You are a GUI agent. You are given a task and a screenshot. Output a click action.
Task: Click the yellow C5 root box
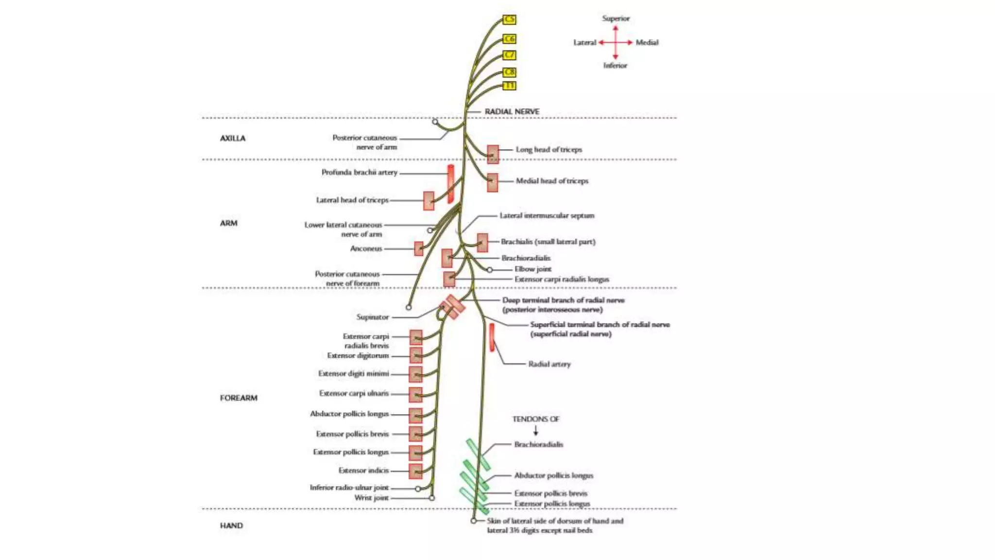click(x=509, y=19)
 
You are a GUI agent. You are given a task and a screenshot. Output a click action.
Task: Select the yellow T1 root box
click(x=509, y=86)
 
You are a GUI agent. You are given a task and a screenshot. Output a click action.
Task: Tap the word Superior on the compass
click(x=616, y=18)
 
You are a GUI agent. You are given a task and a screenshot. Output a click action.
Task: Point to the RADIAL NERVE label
click(x=512, y=111)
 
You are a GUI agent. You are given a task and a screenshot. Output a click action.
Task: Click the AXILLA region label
click(x=233, y=138)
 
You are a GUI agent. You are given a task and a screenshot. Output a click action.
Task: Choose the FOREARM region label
click(x=239, y=398)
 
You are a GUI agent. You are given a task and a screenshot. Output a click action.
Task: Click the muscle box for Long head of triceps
click(x=493, y=154)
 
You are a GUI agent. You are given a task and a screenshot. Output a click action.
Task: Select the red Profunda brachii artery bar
click(x=450, y=184)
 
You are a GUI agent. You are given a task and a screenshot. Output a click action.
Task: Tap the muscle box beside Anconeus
click(x=418, y=248)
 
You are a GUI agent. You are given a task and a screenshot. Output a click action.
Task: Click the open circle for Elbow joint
click(x=490, y=269)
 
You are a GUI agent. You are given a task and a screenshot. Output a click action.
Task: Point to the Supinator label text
click(x=373, y=317)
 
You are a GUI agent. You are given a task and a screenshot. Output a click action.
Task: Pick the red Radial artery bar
click(x=492, y=337)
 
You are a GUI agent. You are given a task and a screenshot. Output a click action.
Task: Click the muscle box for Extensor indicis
click(x=415, y=471)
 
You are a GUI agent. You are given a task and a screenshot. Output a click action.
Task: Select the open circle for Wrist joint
click(x=431, y=498)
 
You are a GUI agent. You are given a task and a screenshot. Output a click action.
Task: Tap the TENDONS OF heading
click(x=536, y=419)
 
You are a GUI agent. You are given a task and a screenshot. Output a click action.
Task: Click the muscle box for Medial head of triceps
click(x=492, y=182)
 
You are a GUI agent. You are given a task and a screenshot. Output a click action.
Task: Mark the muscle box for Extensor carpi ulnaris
click(x=415, y=394)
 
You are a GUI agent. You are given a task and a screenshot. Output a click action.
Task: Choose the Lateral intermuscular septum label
click(x=547, y=215)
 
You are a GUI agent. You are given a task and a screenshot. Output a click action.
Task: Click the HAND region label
click(x=231, y=525)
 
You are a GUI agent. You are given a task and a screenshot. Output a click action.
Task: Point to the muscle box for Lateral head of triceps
click(x=429, y=200)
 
